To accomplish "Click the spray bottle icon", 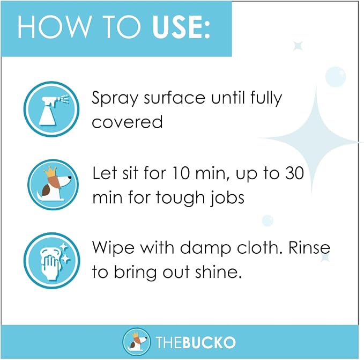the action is (x=51, y=109).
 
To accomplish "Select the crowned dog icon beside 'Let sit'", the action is (x=53, y=185).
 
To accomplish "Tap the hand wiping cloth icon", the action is (x=52, y=261).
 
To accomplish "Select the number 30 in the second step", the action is (x=294, y=173).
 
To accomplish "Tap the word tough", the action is (x=180, y=198).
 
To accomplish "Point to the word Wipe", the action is (x=113, y=248).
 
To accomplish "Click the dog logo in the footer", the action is (x=136, y=342).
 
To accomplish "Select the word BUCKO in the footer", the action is (x=209, y=342).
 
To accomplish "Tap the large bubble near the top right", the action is (x=335, y=76).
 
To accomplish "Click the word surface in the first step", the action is (x=175, y=97).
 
